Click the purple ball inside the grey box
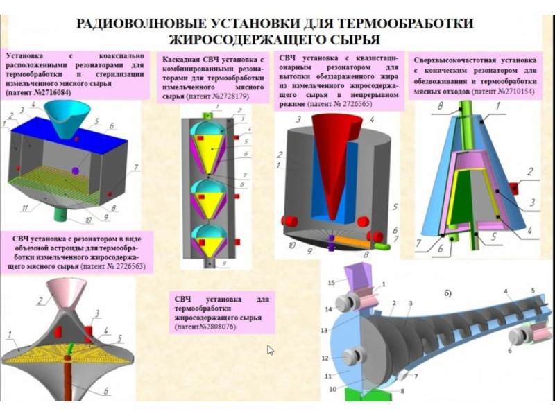coord(76,171)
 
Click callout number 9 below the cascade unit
coord(224,263)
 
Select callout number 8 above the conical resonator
coord(440,107)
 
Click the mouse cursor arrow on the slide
coord(271,349)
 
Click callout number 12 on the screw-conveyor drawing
coord(324,357)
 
